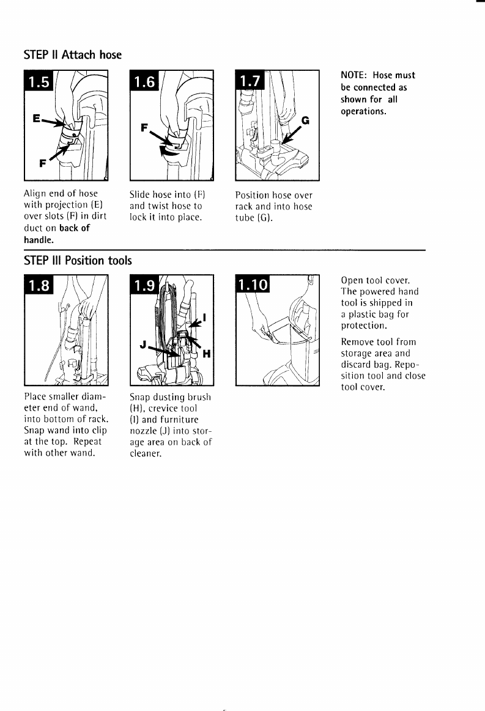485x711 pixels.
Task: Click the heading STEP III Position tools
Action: pyautogui.click(x=78, y=261)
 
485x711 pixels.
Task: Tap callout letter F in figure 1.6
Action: pyautogui.click(x=145, y=129)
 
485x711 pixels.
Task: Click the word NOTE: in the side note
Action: pyautogui.click(x=354, y=75)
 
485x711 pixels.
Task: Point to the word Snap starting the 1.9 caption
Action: pyautogui.click(x=140, y=397)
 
